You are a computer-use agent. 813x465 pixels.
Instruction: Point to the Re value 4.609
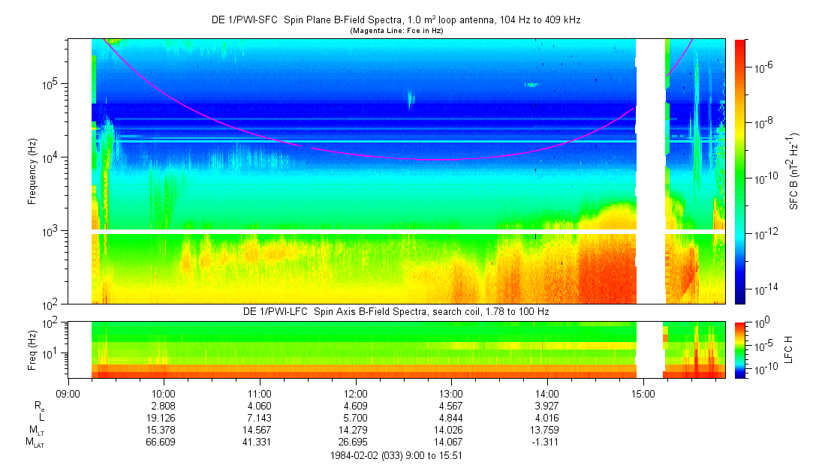tap(355, 405)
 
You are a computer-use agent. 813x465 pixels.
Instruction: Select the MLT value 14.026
tap(451, 430)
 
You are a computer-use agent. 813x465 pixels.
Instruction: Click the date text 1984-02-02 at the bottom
tap(360, 455)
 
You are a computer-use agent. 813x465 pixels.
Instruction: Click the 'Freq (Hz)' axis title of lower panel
tap(32, 349)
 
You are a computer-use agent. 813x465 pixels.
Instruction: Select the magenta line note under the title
tap(396, 30)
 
